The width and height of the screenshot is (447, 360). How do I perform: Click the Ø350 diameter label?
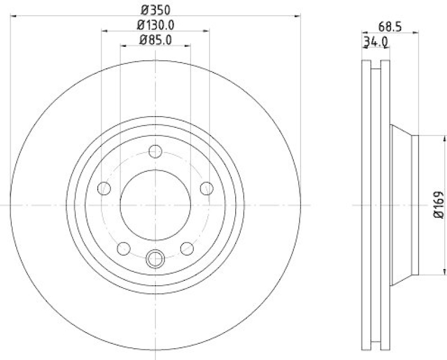[x=155, y=9]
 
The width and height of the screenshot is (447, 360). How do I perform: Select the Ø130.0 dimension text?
[x=155, y=25]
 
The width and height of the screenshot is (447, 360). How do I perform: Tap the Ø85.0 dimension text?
[x=155, y=39]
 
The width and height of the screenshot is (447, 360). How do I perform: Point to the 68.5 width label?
[x=390, y=26]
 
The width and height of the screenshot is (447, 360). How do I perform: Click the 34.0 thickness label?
[x=375, y=41]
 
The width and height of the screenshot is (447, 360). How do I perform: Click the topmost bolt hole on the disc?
[x=155, y=151]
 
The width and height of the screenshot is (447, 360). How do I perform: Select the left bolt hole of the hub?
[x=104, y=189]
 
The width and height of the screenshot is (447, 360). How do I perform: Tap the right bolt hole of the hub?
[x=206, y=188]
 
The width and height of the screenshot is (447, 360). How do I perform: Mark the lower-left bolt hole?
[x=123, y=248]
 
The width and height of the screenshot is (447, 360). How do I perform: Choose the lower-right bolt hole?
[x=187, y=248]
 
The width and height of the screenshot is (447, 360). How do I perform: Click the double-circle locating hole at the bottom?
[x=155, y=258]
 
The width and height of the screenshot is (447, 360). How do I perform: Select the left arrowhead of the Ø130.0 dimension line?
[x=104, y=31]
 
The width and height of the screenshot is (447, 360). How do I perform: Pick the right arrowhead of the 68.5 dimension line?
[x=416, y=33]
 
